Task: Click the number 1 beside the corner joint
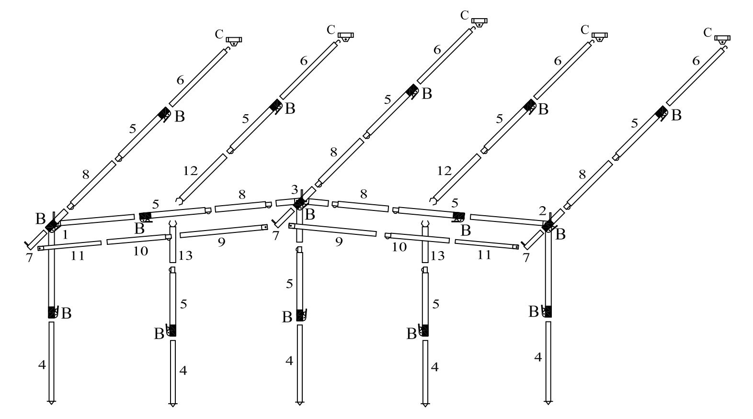pyautogui.click(x=65, y=234)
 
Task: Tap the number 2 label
pyautogui.click(x=542, y=211)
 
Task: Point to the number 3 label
pyautogui.click(x=295, y=189)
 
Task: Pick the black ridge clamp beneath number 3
pyautogui.click(x=300, y=203)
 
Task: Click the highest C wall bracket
pyautogui.click(x=479, y=21)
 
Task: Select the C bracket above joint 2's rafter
pyautogui.click(x=722, y=38)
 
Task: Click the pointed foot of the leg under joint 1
pyautogui.click(x=51, y=401)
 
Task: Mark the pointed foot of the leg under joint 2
pyautogui.click(x=548, y=401)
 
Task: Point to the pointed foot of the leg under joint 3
pyautogui.click(x=299, y=402)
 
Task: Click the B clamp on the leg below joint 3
pyautogui.click(x=301, y=315)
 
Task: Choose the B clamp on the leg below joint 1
pyautogui.click(x=52, y=312)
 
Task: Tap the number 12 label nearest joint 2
pyautogui.click(x=444, y=170)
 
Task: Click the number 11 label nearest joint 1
pyautogui.click(x=78, y=256)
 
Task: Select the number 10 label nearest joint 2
pyautogui.click(x=399, y=247)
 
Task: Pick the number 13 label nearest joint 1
pyautogui.click(x=185, y=256)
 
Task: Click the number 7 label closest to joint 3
pyautogui.click(x=275, y=235)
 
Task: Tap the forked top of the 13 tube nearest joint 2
pyautogui.click(x=424, y=224)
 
